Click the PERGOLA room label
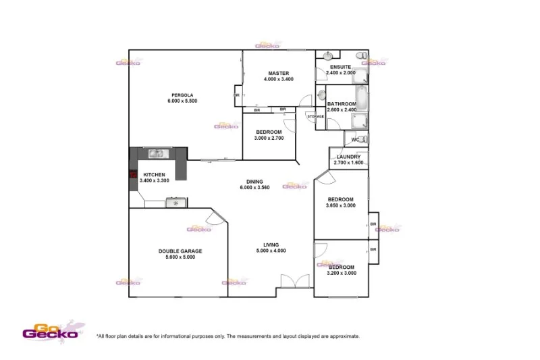pyautogui.click(x=182, y=94)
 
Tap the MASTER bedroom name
pyautogui.click(x=278, y=73)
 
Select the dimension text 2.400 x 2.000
pyautogui.click(x=340, y=72)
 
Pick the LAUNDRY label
pyautogui.click(x=348, y=157)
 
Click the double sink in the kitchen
pyautogui.click(x=157, y=153)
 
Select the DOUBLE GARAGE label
pyautogui.click(x=180, y=251)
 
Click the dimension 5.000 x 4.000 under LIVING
pyautogui.click(x=271, y=251)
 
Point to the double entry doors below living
pyautogui.click(x=294, y=281)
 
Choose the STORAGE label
pyautogui.click(x=316, y=117)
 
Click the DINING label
pyautogui.click(x=254, y=181)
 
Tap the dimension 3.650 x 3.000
pyautogui.click(x=341, y=205)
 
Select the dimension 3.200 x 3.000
pyautogui.click(x=341, y=273)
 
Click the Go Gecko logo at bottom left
pyautogui.click(x=51, y=330)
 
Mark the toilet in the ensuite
pyautogui.click(x=361, y=55)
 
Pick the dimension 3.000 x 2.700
pyautogui.click(x=269, y=138)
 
